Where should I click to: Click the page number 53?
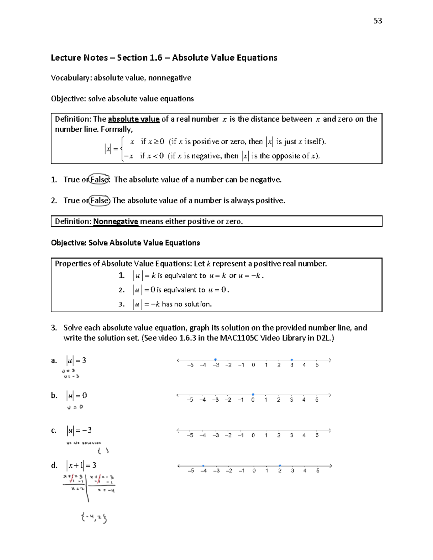click(377, 21)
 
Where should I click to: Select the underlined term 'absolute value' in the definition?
click(134, 119)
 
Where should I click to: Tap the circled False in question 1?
click(99, 180)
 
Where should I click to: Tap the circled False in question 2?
click(99, 200)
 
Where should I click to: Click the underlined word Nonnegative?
click(115, 221)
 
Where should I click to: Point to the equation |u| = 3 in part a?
click(76, 360)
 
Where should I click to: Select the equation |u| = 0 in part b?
click(76, 396)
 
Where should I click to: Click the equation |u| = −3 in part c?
click(79, 430)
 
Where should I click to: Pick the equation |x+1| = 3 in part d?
click(81, 465)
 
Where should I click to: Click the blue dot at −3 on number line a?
click(215, 360)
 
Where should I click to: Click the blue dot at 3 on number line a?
click(292, 360)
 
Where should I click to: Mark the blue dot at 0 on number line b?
click(253, 394)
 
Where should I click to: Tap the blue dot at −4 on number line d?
click(204, 466)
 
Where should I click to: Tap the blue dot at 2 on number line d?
click(280, 466)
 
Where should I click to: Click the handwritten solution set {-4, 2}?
click(94, 518)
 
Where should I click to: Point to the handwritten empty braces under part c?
click(102, 450)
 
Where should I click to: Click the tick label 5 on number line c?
click(317, 435)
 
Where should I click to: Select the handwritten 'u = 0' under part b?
click(75, 407)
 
